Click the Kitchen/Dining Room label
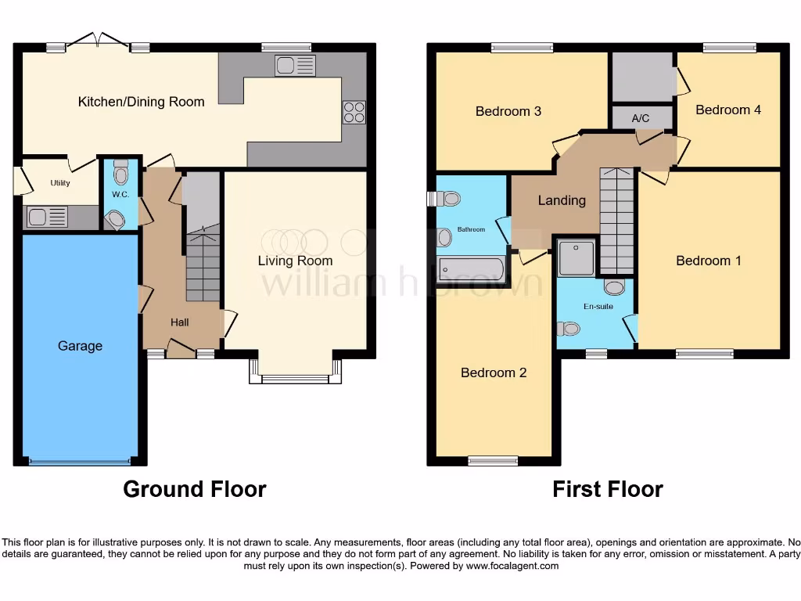142,102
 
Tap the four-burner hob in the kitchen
354,113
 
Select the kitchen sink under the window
294,66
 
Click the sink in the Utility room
47,216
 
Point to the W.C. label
120,194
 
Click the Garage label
80,346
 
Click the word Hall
180,322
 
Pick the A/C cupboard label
641,118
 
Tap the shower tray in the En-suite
577,257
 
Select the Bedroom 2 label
494,372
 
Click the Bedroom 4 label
728,110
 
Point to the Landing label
562,200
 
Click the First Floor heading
608,489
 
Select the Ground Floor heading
195,489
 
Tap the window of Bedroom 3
522,48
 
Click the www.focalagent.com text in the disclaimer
512,566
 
